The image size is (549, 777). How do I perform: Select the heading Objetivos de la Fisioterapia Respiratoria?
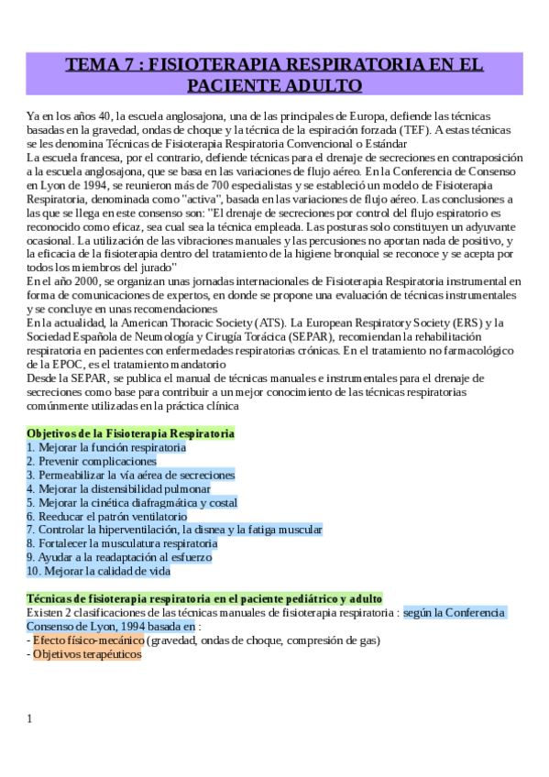[130, 432]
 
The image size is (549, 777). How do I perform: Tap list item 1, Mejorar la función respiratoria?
[106, 447]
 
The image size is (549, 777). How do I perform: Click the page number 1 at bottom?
[29, 717]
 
